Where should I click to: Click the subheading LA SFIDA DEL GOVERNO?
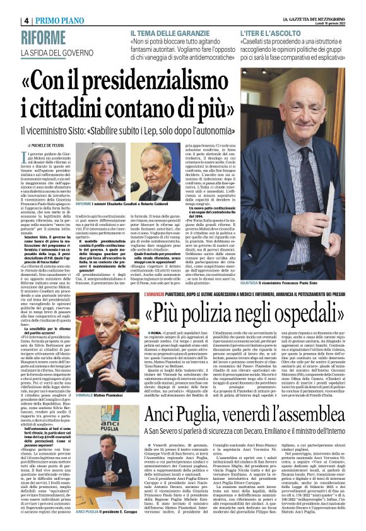click(61, 52)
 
